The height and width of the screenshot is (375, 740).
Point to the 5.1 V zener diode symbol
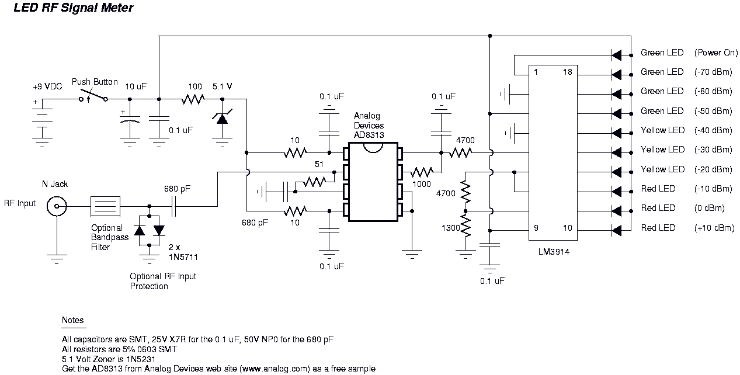(222, 118)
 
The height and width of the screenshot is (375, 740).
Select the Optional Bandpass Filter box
(106, 205)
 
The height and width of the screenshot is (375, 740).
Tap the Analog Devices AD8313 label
(369, 126)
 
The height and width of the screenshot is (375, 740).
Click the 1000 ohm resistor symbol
(421, 172)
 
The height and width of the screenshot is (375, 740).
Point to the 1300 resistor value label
(450, 227)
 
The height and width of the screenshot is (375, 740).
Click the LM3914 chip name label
(553, 253)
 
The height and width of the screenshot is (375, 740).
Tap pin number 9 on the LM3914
(536, 227)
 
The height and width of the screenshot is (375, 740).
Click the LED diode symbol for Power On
(616, 55)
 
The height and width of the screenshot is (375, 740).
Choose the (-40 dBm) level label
(713, 130)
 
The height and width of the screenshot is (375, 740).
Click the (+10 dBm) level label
(713, 228)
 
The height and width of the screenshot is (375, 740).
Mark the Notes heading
(73, 320)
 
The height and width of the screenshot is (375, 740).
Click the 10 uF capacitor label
(136, 87)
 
